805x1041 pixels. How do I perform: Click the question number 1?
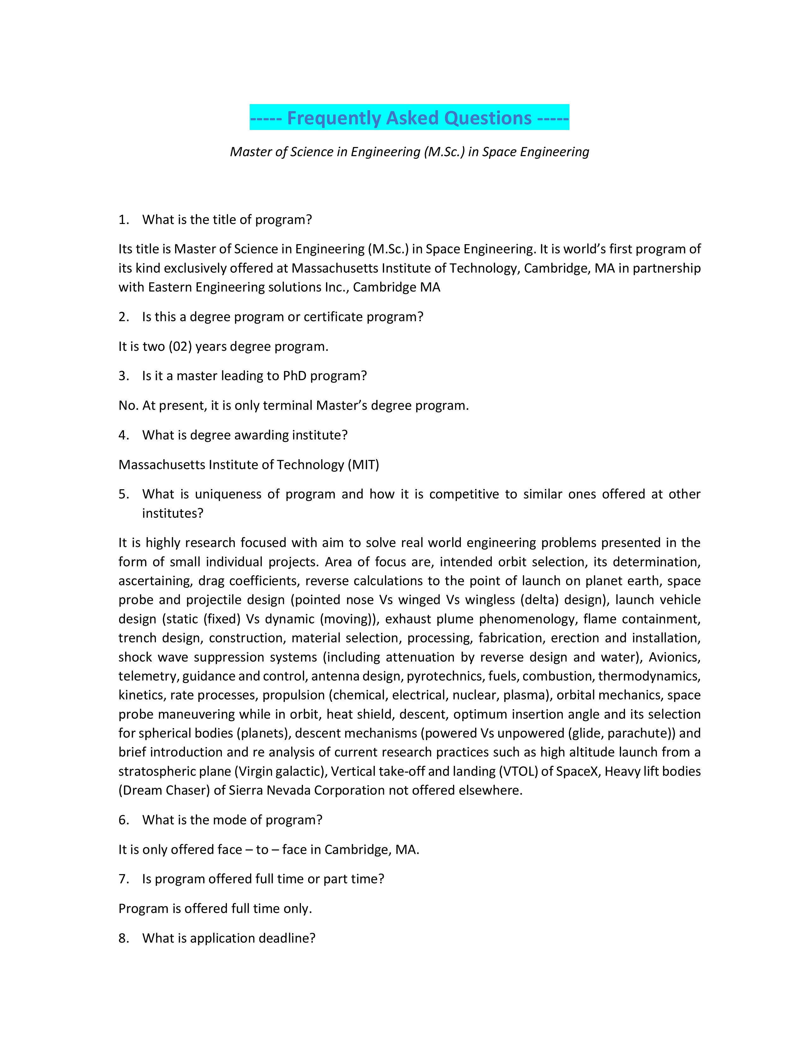click(x=123, y=220)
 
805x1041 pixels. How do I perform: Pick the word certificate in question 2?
click(x=333, y=317)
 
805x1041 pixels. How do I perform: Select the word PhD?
click(x=295, y=376)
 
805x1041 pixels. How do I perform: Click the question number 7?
click(x=123, y=879)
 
